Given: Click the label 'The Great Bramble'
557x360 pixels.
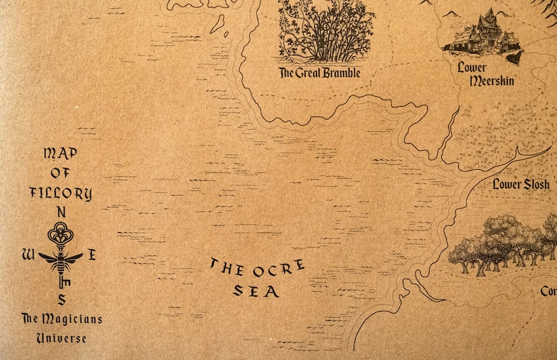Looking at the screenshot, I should click(319, 72).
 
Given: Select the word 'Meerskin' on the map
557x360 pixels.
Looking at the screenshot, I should click(491, 81).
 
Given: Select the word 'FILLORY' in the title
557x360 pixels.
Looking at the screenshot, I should click(61, 193).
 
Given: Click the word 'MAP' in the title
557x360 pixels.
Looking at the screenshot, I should click(60, 153).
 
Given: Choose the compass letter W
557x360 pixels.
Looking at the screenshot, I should click(28, 255).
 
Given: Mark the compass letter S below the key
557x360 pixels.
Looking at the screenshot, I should click(62, 300).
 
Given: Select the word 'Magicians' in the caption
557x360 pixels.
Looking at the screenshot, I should click(72, 319).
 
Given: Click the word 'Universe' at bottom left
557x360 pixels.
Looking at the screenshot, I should click(61, 338).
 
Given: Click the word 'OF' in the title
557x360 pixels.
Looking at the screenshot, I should click(60, 173).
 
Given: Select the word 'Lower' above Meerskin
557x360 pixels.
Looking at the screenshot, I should click(472, 67).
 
